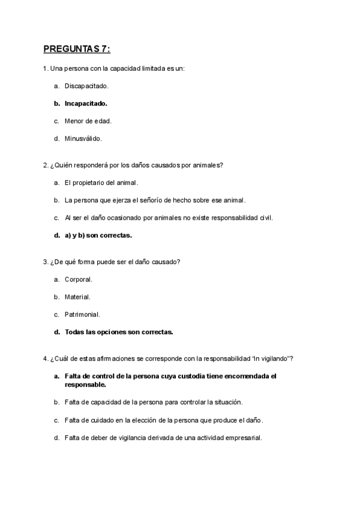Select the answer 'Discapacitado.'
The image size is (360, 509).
tap(86, 86)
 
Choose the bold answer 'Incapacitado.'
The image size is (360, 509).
tap(86, 103)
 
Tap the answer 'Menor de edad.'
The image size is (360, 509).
tap(88, 121)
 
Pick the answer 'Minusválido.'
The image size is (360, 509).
tap(83, 139)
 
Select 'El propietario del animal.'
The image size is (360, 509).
tap(101, 182)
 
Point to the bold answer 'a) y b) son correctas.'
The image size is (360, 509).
tap(98, 235)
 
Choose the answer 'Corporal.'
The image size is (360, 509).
tap(79, 279)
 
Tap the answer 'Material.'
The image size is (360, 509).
tap(77, 297)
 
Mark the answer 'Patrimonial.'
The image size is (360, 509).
tap(82, 314)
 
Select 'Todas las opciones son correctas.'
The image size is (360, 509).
tap(119, 332)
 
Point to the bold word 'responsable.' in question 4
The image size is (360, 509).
tap(85, 384)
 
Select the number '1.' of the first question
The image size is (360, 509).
tap(46, 68)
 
